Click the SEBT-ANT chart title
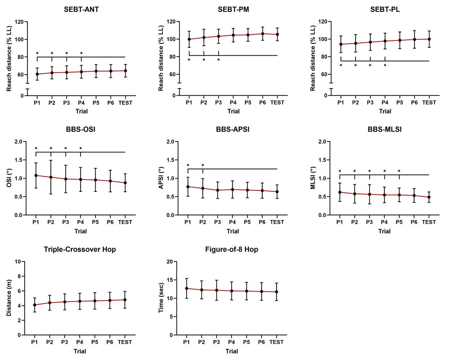coord(81,9)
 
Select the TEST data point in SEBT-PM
coord(277,34)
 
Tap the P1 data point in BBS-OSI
coord(36,175)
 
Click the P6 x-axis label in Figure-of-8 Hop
coord(261,342)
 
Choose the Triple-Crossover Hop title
coord(80,249)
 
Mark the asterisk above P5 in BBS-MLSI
coord(399,171)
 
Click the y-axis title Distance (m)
coord(9,298)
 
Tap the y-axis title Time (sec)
coord(161,298)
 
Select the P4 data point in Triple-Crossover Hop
coord(80,301)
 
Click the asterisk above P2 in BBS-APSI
coord(203,165)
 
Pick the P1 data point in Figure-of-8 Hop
coord(187,288)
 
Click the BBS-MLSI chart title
coord(384,129)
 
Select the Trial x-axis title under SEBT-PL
coord(385,111)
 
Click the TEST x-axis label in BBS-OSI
coord(125,222)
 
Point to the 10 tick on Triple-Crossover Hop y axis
coord(18,261)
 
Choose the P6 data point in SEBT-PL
coord(414,39)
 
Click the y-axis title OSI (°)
coord(9,178)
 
